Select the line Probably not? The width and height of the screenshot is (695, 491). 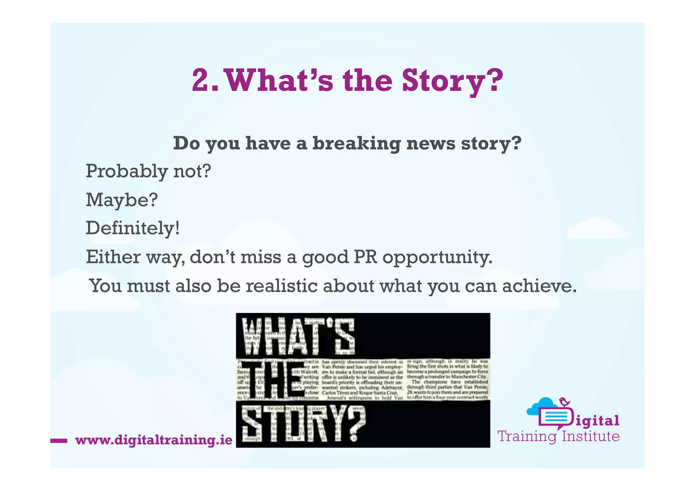[148, 171]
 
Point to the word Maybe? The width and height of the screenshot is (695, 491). [122, 200]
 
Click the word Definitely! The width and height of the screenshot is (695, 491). [133, 228]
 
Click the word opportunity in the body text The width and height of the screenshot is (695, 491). [437, 258]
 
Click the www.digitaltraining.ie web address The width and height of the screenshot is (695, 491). [154, 440]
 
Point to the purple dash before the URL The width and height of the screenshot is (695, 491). [59, 441]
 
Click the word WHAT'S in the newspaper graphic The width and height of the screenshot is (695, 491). [298, 336]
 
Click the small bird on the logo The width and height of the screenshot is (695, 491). [564, 402]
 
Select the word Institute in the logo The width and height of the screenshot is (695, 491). [590, 436]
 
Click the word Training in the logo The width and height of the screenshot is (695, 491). [527, 436]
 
